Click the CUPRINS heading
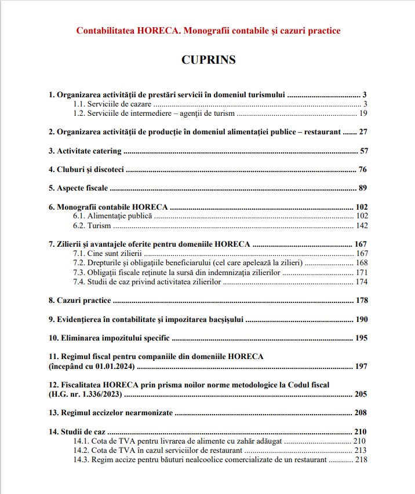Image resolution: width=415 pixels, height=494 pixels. click(x=208, y=60)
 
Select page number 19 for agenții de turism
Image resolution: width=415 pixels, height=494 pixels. click(x=363, y=113)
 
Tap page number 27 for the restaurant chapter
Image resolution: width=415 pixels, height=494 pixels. click(x=363, y=132)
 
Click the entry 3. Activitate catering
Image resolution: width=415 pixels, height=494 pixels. click(x=85, y=151)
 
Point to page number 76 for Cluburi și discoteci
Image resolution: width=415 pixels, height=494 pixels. click(x=363, y=170)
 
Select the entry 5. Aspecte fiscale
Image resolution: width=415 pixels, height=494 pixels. click(x=79, y=188)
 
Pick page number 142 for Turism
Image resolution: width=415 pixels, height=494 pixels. click(x=361, y=225)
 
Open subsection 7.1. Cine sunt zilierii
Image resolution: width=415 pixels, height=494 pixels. click(x=108, y=254)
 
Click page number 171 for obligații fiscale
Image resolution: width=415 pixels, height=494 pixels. click(x=361, y=272)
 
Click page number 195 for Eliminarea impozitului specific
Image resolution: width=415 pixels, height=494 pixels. click(x=361, y=338)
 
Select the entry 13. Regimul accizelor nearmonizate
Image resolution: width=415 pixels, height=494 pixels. click(x=111, y=413)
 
